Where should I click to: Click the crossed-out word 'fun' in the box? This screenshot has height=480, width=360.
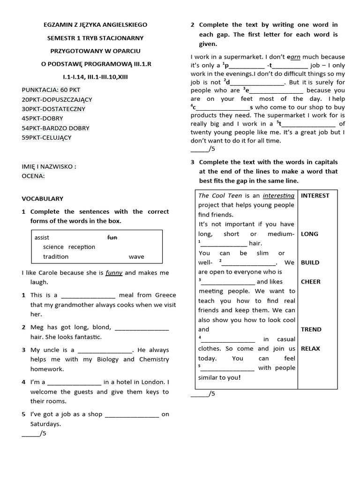[x=112, y=238]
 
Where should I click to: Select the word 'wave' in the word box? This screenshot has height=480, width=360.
[x=136, y=257]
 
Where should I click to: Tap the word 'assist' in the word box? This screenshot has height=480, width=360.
[x=42, y=238]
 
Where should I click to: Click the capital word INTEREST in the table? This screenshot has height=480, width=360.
[x=315, y=195]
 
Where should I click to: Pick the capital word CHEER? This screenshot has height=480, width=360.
[x=310, y=282]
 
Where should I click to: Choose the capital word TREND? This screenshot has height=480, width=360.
[x=311, y=329]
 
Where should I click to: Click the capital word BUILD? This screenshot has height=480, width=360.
[x=310, y=262]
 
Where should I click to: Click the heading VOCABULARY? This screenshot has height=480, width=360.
[x=42, y=199]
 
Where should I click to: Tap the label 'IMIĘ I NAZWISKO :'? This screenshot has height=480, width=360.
[x=49, y=166]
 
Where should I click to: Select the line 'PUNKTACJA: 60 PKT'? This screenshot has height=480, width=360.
[x=51, y=90]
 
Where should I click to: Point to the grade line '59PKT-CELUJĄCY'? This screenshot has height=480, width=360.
[x=47, y=137]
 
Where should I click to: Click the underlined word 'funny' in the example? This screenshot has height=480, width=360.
[x=114, y=273]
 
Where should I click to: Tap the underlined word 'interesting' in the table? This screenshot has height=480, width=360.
[x=278, y=195]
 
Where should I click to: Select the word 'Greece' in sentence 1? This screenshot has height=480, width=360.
[x=163, y=295]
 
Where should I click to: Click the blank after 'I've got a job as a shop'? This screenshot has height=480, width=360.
[x=132, y=415]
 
